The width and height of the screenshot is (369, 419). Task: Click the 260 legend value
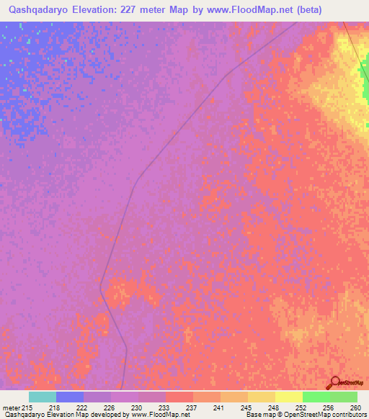pyautogui.click(x=355, y=407)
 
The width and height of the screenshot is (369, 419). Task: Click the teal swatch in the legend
pyautogui.click(x=43, y=397)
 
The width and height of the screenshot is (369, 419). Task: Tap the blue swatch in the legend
pyautogui.click(x=70, y=397)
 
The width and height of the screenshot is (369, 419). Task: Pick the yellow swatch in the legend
pyautogui.click(x=288, y=397)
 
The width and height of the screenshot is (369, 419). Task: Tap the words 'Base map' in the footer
pyautogui.click(x=257, y=415)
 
